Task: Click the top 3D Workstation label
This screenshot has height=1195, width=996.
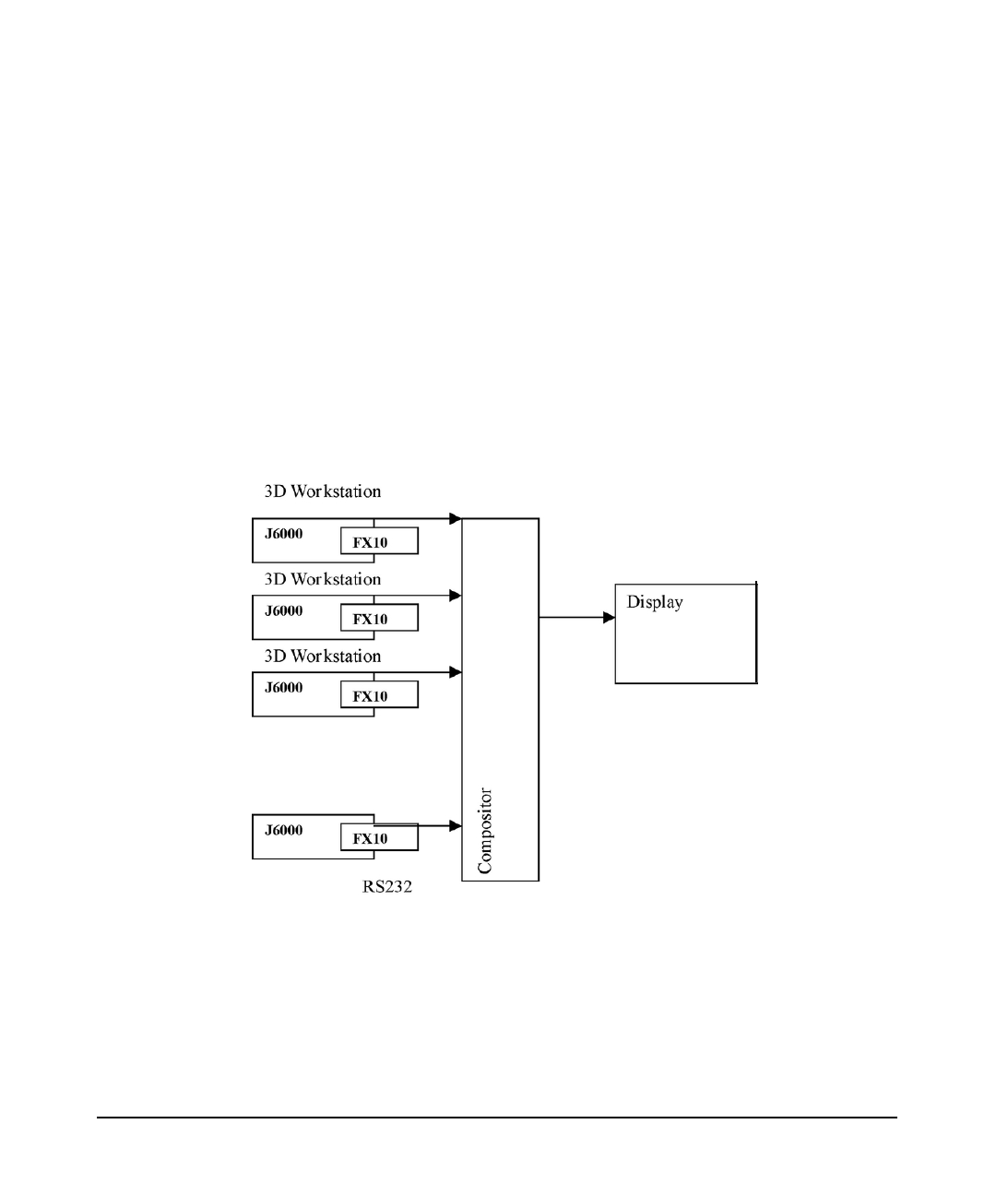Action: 322,491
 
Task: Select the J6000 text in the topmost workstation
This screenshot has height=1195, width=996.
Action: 283,534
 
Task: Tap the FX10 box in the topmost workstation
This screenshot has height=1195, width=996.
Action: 379,541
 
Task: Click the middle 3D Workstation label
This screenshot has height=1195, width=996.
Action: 322,579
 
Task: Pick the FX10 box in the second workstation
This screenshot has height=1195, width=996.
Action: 379,618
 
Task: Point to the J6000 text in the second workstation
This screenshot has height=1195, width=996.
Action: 283,610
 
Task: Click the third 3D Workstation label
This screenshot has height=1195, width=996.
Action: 322,657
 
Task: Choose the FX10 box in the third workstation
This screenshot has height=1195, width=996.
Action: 379,695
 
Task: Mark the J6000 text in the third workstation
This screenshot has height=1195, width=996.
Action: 283,687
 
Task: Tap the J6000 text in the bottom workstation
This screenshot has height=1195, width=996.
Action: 283,830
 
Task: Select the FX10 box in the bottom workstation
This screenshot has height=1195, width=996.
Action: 379,837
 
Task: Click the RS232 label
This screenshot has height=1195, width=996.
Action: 386,889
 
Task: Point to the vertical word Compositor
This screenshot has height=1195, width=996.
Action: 486,831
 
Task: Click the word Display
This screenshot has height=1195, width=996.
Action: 655,603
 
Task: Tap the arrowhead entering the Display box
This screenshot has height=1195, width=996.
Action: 610,618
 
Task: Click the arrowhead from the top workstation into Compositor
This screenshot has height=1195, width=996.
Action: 456,519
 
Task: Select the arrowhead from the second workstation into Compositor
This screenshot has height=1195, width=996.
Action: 456,596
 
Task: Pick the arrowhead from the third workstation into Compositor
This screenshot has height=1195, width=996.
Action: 456,673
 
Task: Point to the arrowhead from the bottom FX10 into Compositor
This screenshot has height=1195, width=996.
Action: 456,826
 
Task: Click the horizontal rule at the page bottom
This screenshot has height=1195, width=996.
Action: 497,1118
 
